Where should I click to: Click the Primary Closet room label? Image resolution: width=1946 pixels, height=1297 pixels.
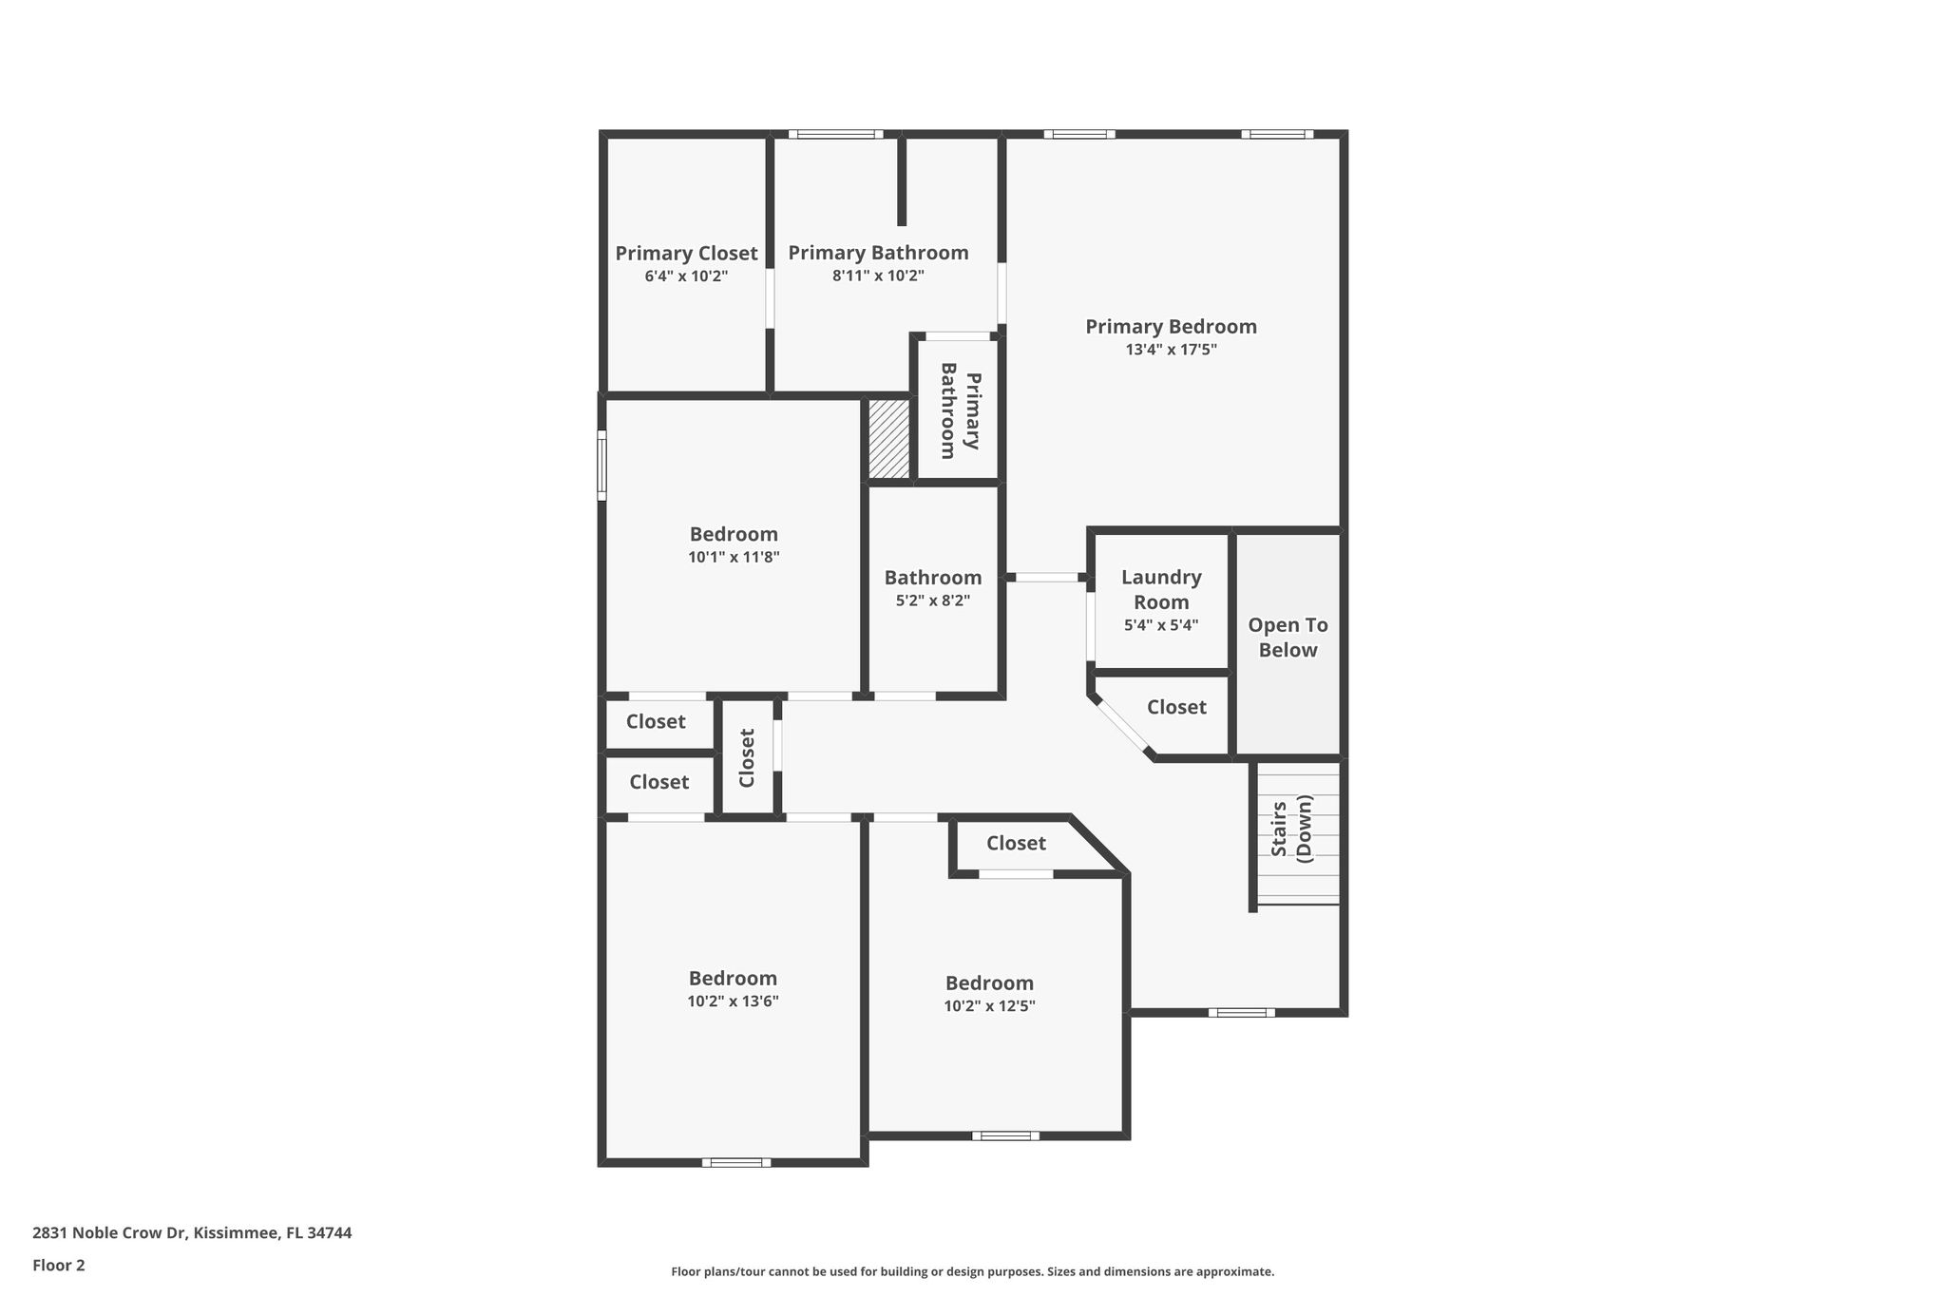click(x=686, y=254)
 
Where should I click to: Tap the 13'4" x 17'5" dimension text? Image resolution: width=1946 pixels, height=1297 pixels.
click(x=1171, y=350)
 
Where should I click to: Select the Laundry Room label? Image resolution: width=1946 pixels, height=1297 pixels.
click(x=1161, y=589)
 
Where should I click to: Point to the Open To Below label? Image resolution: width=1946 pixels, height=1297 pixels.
click(x=1288, y=638)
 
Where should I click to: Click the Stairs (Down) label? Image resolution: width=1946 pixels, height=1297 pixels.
click(x=1291, y=830)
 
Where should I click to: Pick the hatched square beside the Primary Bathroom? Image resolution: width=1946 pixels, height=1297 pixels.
click(x=889, y=439)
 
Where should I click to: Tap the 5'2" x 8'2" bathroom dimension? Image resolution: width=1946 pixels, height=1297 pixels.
click(x=933, y=601)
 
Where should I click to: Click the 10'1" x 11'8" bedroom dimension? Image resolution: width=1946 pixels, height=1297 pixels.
click(x=734, y=558)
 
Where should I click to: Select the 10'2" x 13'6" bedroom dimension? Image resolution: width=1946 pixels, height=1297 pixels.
click(x=734, y=1001)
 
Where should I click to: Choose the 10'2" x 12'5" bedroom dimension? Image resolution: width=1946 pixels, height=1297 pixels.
click(x=989, y=1006)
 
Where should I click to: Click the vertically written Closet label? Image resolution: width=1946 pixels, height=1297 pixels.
click(x=747, y=758)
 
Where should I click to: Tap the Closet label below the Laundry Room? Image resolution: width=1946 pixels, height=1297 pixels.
click(x=1176, y=707)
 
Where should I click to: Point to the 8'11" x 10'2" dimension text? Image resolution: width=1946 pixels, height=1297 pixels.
click(x=878, y=277)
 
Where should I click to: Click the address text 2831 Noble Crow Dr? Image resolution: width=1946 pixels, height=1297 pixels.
click(x=109, y=1233)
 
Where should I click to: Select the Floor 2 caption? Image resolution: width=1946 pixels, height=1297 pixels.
click(x=59, y=1266)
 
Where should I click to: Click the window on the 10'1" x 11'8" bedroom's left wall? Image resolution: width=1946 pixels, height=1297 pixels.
click(x=601, y=466)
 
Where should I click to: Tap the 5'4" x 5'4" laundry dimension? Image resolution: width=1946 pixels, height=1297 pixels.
click(x=1161, y=625)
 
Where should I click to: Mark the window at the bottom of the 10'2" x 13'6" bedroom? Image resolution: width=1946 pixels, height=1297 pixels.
click(x=736, y=1162)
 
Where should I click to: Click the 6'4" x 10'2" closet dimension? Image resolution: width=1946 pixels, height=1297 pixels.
click(x=686, y=277)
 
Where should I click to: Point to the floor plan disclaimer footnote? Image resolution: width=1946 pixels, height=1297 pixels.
click(x=973, y=1271)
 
